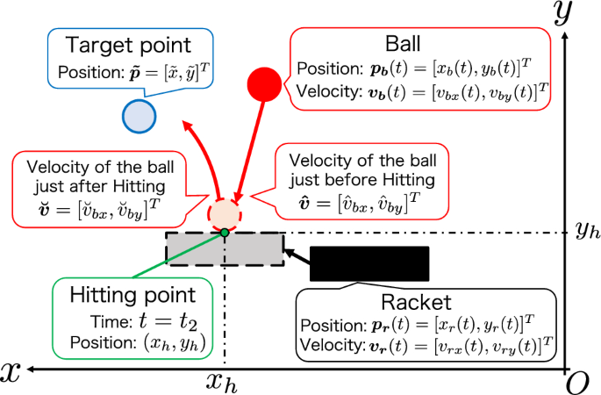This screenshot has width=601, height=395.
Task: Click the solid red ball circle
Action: [x=264, y=84]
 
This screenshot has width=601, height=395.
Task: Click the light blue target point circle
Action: [x=139, y=116]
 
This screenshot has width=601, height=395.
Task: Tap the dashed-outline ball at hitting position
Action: [x=225, y=212]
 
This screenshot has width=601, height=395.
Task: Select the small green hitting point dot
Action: [x=225, y=232]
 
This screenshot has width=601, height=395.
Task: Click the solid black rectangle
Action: [x=368, y=264]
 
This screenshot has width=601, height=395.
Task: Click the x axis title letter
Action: [x=11, y=370]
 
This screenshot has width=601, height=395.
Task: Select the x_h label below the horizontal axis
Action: [x=225, y=383]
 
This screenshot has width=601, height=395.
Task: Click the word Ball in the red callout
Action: [x=403, y=45]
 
